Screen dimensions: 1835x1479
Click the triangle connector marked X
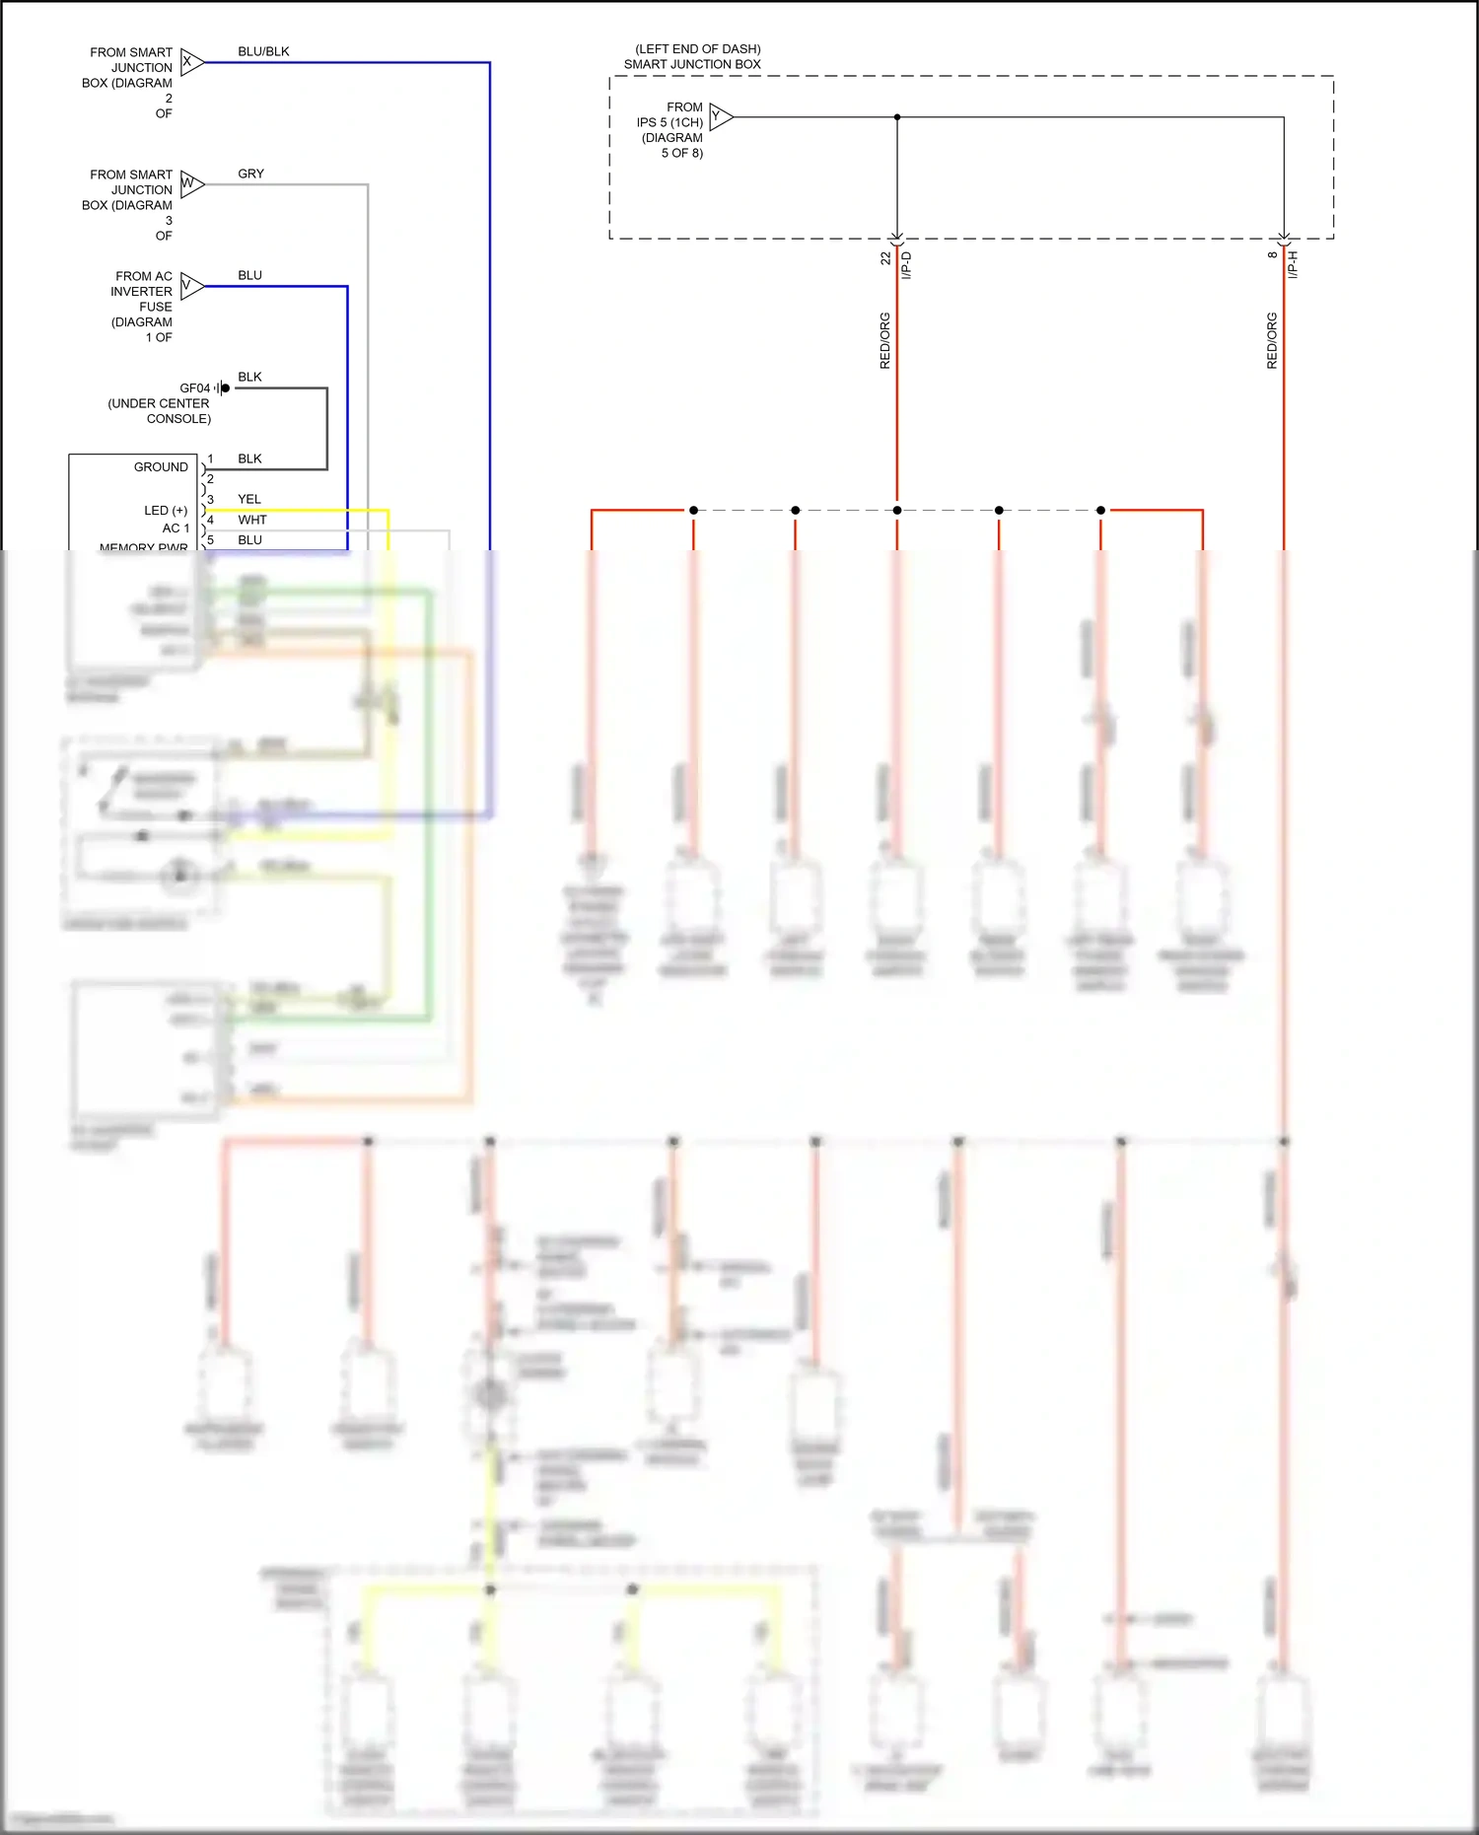click(x=191, y=62)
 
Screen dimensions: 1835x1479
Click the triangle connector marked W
click(x=191, y=184)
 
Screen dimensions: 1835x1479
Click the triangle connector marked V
click(x=191, y=286)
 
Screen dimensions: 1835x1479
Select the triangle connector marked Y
click(x=721, y=117)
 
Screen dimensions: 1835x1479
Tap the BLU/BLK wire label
click(x=263, y=51)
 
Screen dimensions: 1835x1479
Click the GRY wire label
click(x=250, y=174)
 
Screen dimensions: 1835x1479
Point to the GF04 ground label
click(x=194, y=388)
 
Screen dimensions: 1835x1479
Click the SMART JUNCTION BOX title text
click(x=692, y=64)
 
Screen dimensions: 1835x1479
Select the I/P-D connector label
click(x=907, y=265)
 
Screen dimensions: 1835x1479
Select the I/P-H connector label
click(x=1294, y=264)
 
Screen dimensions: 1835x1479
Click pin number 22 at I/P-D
click(x=885, y=258)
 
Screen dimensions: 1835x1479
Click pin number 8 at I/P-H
click(x=1273, y=254)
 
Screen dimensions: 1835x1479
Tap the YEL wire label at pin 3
click(x=249, y=499)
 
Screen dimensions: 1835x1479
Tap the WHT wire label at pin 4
click(x=251, y=520)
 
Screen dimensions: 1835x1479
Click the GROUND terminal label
click(x=161, y=467)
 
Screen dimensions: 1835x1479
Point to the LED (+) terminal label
click(x=166, y=511)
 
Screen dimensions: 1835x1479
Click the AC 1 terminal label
click(x=176, y=529)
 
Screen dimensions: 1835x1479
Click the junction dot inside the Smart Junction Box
click(x=897, y=117)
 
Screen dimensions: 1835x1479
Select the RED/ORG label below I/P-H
click(x=1272, y=341)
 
